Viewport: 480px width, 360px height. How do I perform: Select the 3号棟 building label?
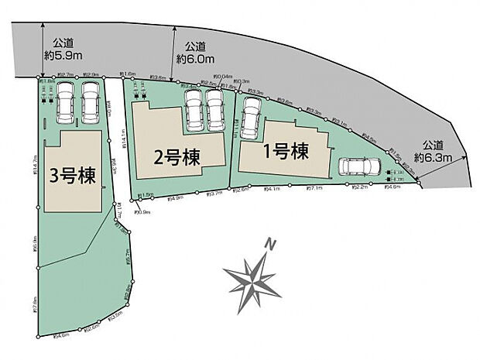coord(73,175)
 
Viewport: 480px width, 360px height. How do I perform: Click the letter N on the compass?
coord(271,245)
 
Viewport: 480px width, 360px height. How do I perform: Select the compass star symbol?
coord(251,279)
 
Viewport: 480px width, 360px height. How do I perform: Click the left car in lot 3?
coord(65,105)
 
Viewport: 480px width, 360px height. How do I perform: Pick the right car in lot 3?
coord(90,105)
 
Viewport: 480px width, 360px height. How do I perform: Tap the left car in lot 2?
coord(192,111)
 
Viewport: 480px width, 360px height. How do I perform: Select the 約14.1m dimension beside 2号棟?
coord(124,138)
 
